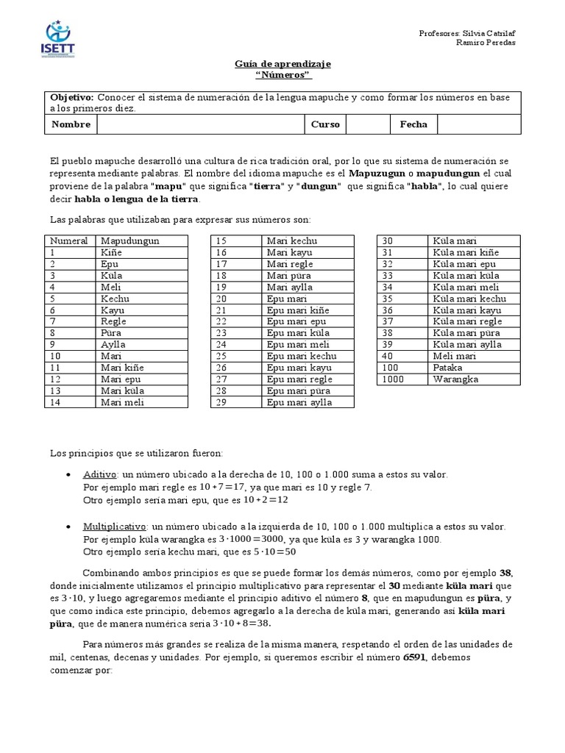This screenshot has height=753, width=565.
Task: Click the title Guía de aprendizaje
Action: point(282,65)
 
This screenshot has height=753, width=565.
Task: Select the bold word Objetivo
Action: point(71,98)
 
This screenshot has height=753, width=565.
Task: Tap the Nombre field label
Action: point(71,124)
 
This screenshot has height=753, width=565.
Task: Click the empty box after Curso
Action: point(367,124)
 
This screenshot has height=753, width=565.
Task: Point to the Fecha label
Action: point(413,124)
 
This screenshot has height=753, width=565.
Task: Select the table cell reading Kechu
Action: point(115,299)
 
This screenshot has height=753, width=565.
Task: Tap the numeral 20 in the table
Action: point(221,299)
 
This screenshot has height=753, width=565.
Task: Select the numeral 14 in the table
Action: point(56,402)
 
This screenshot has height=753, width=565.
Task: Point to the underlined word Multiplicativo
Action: point(116,527)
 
